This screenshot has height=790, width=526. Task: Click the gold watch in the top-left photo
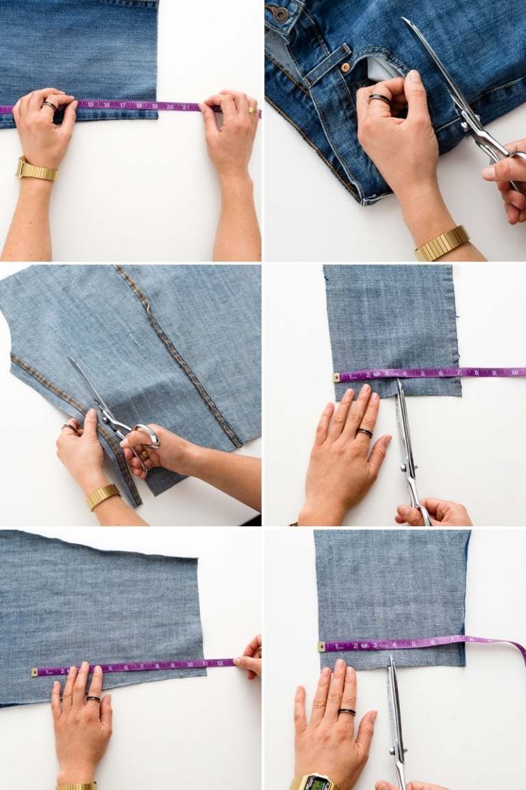click(x=36, y=170)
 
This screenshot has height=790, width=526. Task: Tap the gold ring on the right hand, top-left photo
click(x=252, y=110)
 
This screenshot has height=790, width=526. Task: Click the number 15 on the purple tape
click(x=90, y=105)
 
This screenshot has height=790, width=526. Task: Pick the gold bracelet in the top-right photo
click(x=442, y=243)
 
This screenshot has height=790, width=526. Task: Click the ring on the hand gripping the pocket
click(x=379, y=98)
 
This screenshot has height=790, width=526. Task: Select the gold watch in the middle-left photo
click(x=103, y=495)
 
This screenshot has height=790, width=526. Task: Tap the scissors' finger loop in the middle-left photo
click(x=146, y=436)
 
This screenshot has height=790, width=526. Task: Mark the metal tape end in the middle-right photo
click(x=336, y=377)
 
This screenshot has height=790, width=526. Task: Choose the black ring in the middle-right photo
click(x=364, y=432)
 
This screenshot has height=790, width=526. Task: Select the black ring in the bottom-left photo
click(x=92, y=699)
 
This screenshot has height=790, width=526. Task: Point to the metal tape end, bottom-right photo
click(x=322, y=646)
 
